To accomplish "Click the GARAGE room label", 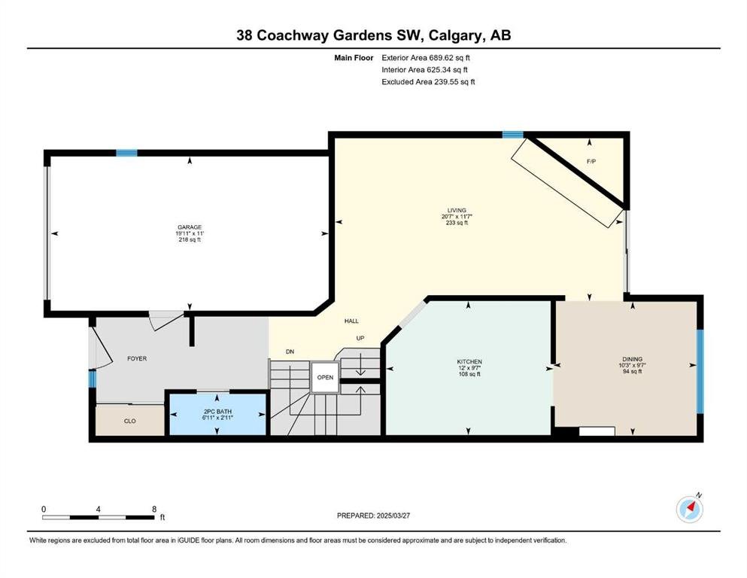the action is [x=190, y=227].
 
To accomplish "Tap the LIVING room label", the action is [x=457, y=210].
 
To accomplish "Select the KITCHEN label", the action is [x=469, y=362].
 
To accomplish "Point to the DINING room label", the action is [x=632, y=359].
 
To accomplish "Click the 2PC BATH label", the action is [x=217, y=412].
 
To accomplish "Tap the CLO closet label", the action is [x=130, y=421].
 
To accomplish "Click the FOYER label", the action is [x=137, y=359].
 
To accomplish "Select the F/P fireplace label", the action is [x=591, y=162].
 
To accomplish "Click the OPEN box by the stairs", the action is [x=326, y=377].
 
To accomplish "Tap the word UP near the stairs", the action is [x=360, y=339].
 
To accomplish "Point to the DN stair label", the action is [x=290, y=351].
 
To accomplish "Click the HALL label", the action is [x=351, y=321].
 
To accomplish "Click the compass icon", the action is [x=690, y=509].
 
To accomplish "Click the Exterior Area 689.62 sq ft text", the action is [x=426, y=58].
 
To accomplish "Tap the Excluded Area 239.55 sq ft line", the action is [x=428, y=82].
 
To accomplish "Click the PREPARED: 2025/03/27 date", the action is [x=373, y=516].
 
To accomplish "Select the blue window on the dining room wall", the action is [x=700, y=371].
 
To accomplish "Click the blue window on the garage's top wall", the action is [x=126, y=153].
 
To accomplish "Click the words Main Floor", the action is [x=354, y=58].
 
